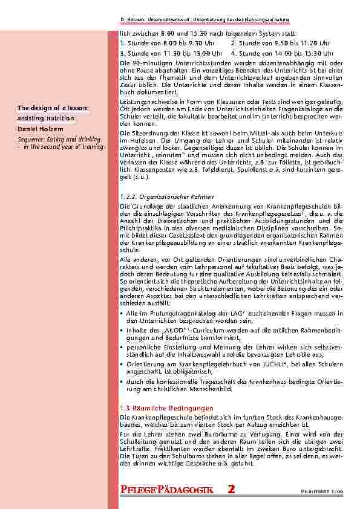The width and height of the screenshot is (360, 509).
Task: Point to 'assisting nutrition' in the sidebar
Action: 41,118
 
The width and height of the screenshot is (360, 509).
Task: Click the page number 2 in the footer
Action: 232,490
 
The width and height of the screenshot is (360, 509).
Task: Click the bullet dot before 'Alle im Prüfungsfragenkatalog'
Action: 122,314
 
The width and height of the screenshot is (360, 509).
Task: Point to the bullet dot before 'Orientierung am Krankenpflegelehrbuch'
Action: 122,365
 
